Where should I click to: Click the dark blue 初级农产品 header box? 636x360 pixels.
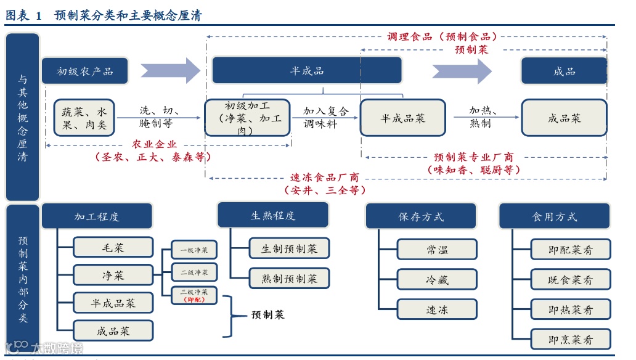tap(85, 71)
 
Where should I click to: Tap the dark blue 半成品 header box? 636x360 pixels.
tap(307, 71)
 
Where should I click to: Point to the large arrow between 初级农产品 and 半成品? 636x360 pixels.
tap(169, 71)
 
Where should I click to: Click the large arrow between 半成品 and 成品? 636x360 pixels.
tap(461, 71)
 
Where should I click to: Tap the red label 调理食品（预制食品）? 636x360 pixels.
tap(442, 36)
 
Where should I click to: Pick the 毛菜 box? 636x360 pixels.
tap(113, 248)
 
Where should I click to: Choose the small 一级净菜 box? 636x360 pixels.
tap(194, 250)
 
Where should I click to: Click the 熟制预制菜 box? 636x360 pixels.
tap(289, 279)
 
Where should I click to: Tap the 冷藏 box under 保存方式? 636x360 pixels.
tap(437, 280)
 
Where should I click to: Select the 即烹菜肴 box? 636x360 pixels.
tap(570, 339)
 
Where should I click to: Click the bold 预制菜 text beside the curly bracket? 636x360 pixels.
tap(268, 315)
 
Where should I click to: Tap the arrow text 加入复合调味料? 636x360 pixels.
tap(325, 117)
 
